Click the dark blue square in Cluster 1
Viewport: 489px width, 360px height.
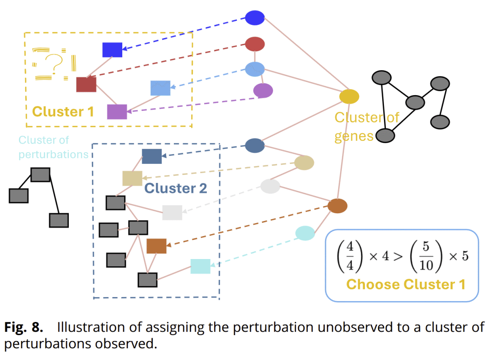(112, 49)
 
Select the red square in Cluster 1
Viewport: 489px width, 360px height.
(86, 84)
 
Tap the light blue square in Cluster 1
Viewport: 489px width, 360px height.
(160, 88)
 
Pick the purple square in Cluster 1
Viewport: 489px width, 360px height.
(117, 111)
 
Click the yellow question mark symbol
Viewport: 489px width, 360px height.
(54, 63)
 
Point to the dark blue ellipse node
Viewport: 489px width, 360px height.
(254, 18)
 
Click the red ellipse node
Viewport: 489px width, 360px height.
(254, 44)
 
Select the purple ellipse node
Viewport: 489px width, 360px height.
(263, 91)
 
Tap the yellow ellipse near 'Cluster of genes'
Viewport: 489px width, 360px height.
(349, 96)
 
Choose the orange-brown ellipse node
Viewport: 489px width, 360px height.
(337, 206)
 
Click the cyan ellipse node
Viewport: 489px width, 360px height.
(305, 233)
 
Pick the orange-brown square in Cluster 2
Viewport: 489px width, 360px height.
(157, 246)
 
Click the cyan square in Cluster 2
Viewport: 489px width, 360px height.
(200, 266)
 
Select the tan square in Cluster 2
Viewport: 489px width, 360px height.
(132, 178)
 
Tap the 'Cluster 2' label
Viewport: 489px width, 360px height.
(176, 188)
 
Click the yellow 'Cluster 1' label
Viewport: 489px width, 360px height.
(63, 111)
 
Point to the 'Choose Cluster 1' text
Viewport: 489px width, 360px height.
(405, 284)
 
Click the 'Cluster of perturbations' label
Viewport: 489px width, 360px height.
(53, 147)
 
